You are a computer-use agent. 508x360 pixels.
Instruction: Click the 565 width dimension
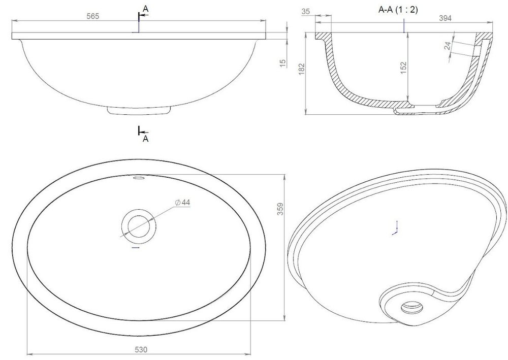(92, 16)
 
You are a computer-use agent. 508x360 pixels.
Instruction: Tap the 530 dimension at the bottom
(141, 350)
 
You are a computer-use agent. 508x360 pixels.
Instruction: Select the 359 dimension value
(280, 209)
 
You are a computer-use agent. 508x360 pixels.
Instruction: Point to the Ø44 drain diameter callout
(182, 202)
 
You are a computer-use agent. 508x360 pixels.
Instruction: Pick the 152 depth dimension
(403, 68)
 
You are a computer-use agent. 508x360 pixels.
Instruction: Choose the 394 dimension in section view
(445, 18)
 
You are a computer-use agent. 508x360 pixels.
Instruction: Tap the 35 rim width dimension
(305, 11)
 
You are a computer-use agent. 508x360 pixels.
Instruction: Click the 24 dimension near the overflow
(448, 46)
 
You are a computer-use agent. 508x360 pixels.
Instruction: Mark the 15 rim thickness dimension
(283, 63)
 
